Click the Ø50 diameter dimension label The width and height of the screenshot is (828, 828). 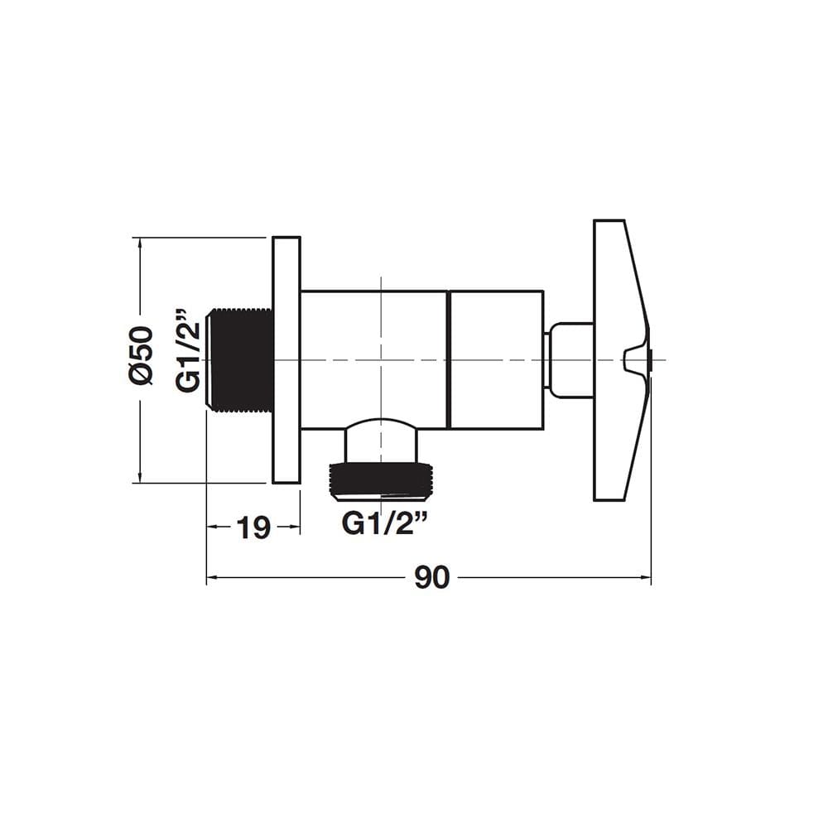(141, 354)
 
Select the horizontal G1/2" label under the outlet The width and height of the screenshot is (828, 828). (384, 523)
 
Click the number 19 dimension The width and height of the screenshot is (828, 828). (253, 527)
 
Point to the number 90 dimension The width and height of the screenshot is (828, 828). (431, 577)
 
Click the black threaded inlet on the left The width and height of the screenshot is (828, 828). (239, 360)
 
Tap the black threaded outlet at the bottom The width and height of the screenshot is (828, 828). (381, 480)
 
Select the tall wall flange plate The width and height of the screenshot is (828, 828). (286, 360)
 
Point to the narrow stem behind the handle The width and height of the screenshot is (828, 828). (570, 359)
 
